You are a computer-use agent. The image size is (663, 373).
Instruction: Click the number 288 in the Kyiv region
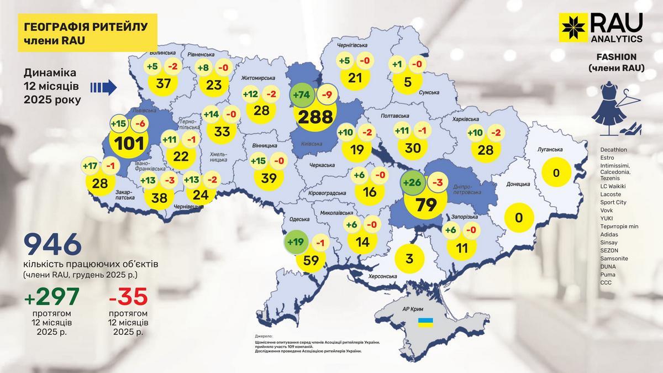[x=316, y=117]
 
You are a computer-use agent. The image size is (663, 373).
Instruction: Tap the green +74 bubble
[x=301, y=95]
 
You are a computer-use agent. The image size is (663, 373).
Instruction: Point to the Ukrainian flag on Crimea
[x=425, y=321]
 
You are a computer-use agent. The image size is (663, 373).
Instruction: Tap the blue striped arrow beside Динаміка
[x=103, y=87]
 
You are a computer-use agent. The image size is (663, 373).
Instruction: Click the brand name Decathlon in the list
[x=615, y=150]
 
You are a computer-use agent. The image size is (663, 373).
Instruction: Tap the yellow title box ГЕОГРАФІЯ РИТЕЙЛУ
[x=83, y=33]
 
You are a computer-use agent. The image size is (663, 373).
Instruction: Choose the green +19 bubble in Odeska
[x=296, y=242]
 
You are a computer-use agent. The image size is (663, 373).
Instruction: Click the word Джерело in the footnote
[x=264, y=336]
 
